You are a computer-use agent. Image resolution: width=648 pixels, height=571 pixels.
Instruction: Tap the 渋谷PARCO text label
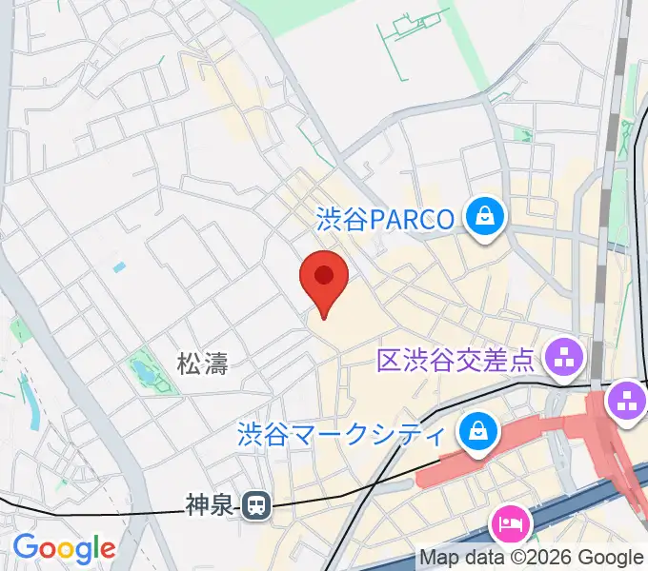pos(385,219)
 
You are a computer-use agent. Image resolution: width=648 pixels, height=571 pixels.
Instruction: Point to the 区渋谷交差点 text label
pos(455,360)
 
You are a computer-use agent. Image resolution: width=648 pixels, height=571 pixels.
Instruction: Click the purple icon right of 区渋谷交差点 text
pos(561,359)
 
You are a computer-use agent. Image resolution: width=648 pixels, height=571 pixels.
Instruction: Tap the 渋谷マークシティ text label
pos(341,435)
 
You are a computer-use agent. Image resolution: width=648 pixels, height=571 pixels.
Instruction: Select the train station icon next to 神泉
pos(254,505)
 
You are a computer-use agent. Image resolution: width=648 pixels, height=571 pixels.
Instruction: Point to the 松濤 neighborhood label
pos(202,362)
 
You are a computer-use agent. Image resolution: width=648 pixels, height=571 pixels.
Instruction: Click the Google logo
pos(63,548)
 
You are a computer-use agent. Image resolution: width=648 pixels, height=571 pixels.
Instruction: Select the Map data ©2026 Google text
pos(532,558)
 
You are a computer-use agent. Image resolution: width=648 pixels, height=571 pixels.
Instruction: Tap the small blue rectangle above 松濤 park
pos(118,267)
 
